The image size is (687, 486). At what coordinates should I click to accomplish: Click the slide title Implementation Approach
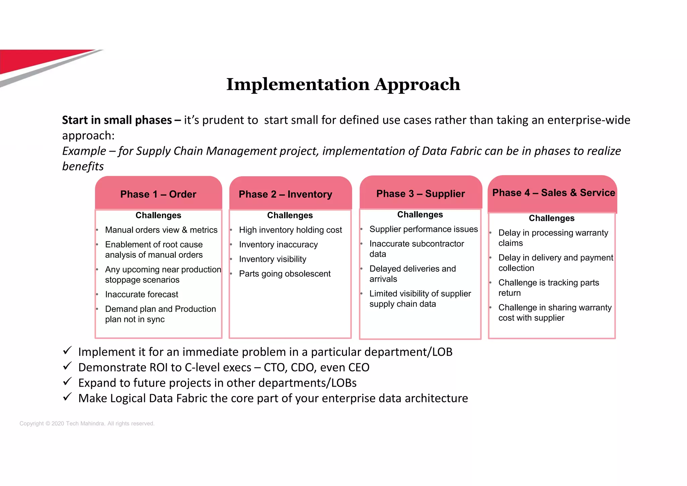click(x=343, y=84)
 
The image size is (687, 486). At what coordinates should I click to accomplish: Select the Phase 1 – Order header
click(x=158, y=194)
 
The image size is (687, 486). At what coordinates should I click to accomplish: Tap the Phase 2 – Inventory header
click(x=285, y=194)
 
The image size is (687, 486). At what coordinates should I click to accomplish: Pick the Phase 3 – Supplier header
click(x=420, y=194)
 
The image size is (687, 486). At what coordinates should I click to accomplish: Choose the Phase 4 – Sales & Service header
click(x=553, y=193)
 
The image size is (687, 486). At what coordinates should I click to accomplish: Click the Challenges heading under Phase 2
click(x=290, y=215)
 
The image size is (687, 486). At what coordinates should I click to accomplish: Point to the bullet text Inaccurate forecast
click(x=142, y=294)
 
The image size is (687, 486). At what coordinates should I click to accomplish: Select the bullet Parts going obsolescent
click(x=285, y=274)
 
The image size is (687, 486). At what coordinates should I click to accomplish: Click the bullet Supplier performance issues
click(x=423, y=229)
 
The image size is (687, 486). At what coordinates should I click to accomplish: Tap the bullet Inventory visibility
click(x=272, y=259)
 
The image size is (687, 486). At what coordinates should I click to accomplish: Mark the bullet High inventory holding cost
click(x=290, y=230)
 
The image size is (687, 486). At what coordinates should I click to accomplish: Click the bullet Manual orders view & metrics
click(x=161, y=230)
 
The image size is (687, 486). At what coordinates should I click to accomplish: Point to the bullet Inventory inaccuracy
click(x=278, y=245)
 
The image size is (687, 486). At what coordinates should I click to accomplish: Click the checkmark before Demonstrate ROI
click(x=67, y=366)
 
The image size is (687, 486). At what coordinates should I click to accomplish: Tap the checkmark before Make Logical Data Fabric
click(x=67, y=397)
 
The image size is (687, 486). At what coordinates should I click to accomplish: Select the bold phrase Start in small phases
click(x=117, y=120)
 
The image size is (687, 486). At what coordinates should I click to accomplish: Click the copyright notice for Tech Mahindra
click(x=87, y=424)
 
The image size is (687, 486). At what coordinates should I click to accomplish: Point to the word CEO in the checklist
click(x=358, y=368)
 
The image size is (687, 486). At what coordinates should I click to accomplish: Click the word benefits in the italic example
click(x=83, y=166)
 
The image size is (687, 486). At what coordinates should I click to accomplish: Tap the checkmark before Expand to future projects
click(x=67, y=382)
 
